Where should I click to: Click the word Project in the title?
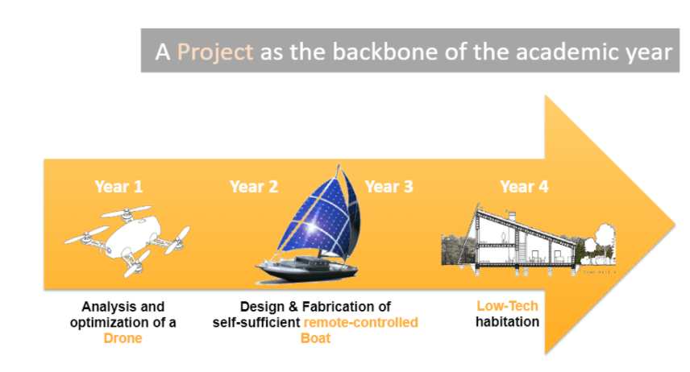pos(214,52)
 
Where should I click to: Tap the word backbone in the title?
pos(385,52)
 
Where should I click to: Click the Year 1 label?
pos(118,187)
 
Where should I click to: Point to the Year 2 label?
pos(254,187)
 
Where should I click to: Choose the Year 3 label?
pos(389,187)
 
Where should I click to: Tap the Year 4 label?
pos(524,187)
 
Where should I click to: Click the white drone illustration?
pos(127,240)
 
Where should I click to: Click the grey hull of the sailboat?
pos(306,270)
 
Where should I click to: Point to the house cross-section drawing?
pos(528,240)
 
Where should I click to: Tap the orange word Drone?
pos(123,338)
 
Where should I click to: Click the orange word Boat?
pos(315,338)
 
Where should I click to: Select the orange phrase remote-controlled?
pos(361,322)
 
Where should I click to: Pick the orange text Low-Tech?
pos(507,306)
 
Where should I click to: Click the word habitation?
pos(507,322)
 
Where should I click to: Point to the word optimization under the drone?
pos(110,323)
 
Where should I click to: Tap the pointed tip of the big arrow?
pos(675,225)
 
